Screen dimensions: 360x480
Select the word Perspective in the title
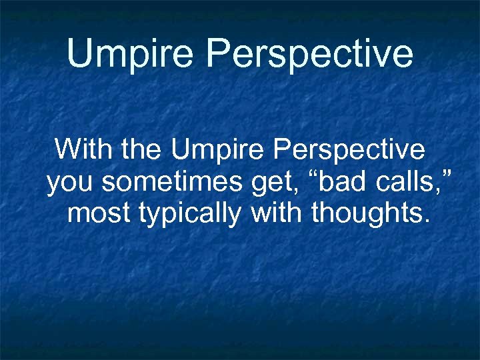(309, 53)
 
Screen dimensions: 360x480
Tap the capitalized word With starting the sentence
(85, 149)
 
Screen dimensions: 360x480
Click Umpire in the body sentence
(214, 150)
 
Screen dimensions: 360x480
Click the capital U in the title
(81, 53)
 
